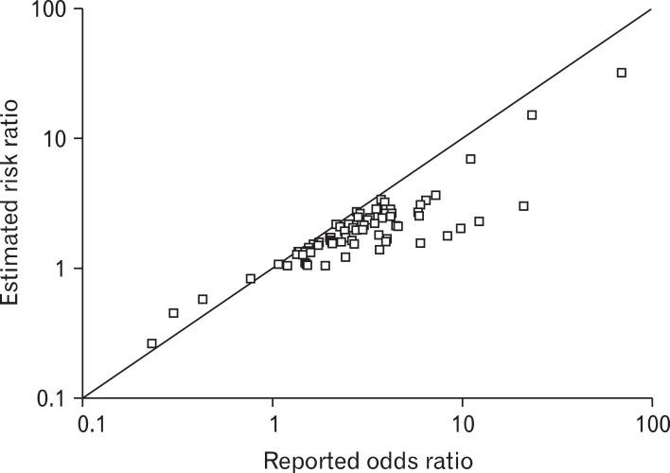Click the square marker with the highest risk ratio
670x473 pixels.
coord(622,73)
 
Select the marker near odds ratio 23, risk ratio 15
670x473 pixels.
coord(532,115)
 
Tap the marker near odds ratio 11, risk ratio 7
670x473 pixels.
coord(470,159)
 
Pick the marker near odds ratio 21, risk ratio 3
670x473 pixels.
coord(523,206)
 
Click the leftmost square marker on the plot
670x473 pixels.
coord(151,343)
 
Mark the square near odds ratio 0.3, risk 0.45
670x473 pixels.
coord(173,313)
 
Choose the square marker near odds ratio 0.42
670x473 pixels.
coord(203,299)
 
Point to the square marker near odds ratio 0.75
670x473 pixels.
coord(251,279)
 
